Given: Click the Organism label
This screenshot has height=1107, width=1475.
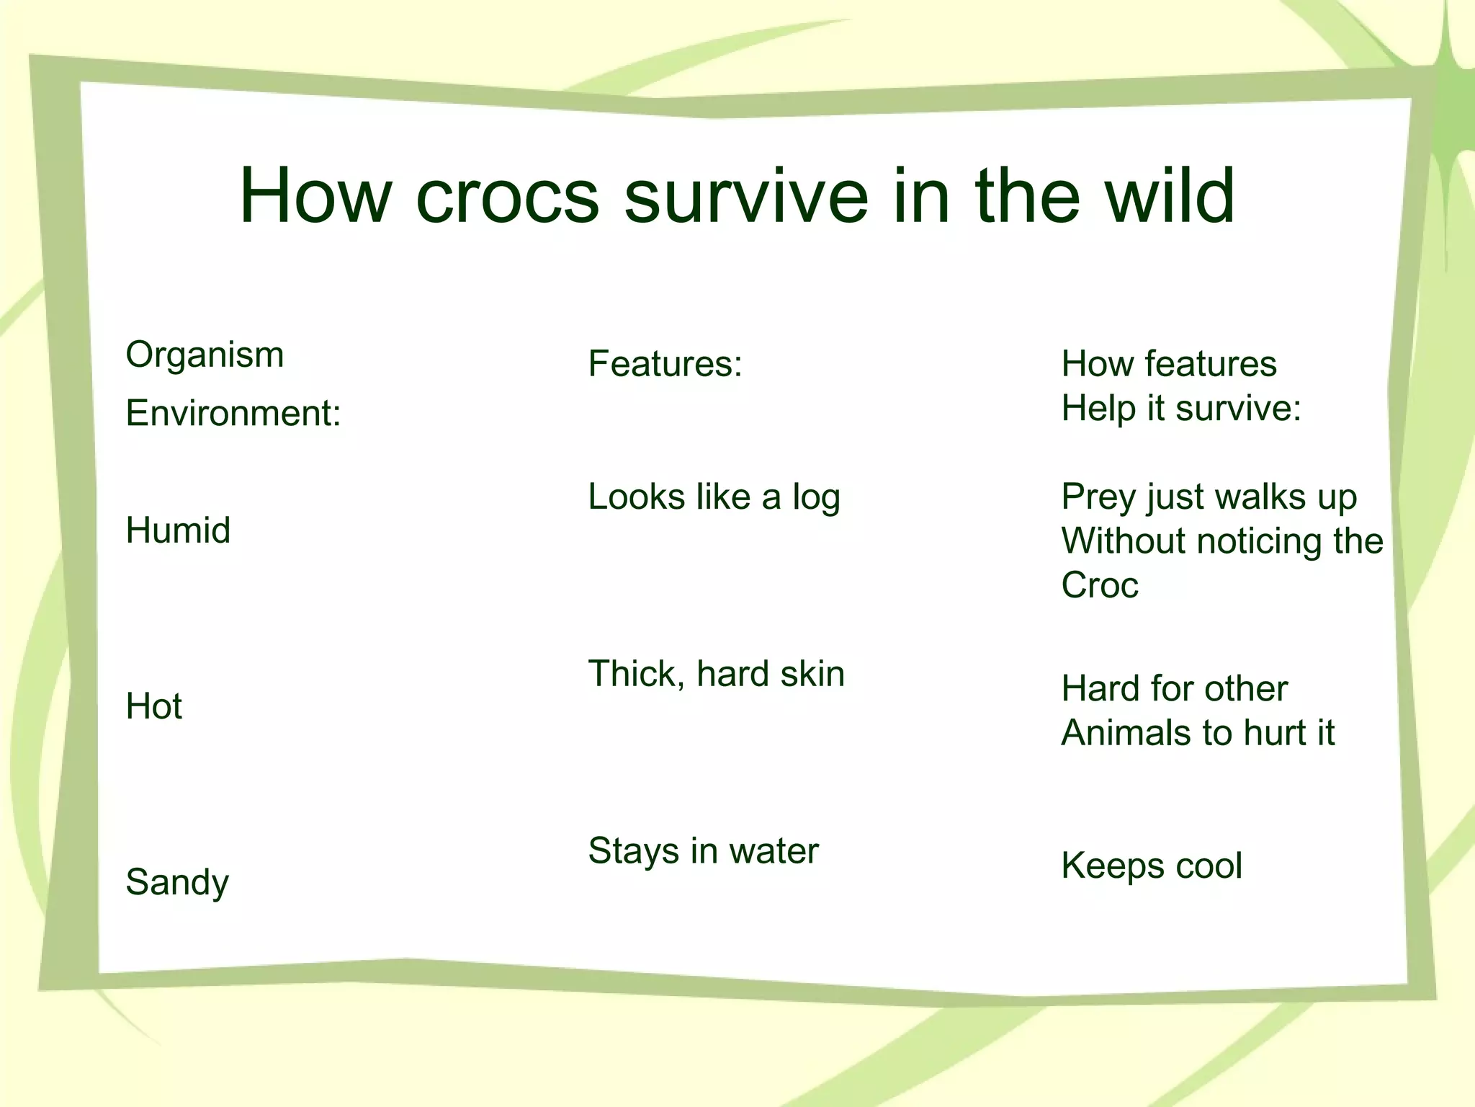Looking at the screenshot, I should pos(205,355).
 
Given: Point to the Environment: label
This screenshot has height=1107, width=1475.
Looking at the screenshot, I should pos(233,413).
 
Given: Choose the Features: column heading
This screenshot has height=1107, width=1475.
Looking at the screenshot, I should pos(664,363).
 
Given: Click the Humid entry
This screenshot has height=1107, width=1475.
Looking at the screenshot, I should pos(178,530).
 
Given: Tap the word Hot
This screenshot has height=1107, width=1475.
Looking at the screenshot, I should pos(153,706).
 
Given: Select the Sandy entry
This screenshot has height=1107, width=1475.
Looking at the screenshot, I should pos(177,882).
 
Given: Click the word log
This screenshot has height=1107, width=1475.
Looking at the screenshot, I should pos(816,497).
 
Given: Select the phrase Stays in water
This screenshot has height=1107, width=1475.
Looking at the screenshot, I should pos(703,850).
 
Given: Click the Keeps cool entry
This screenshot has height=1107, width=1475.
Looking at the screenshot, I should pos(1151,866).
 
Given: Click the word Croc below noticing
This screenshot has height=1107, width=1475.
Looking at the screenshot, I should pos(1099,584).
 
